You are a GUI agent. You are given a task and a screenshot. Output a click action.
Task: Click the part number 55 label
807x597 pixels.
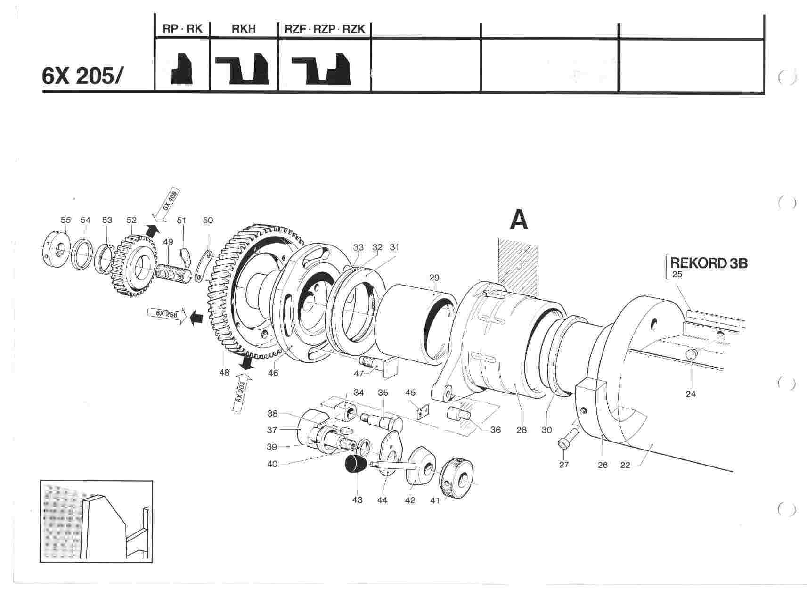(65, 220)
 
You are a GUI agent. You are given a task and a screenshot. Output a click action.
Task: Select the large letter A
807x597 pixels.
(519, 221)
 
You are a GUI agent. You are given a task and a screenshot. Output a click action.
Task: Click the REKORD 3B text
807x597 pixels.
(709, 263)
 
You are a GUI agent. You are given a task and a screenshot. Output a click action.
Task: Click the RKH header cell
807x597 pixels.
(244, 29)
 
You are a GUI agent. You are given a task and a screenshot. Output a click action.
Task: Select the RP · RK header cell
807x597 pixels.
(182, 29)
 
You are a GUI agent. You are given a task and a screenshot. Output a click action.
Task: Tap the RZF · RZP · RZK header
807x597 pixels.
(325, 29)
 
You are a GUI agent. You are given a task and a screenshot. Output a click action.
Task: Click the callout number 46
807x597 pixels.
(273, 373)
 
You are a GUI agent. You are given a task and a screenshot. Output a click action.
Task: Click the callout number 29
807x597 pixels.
(434, 278)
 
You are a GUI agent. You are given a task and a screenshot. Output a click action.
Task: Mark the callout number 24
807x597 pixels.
(690, 394)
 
